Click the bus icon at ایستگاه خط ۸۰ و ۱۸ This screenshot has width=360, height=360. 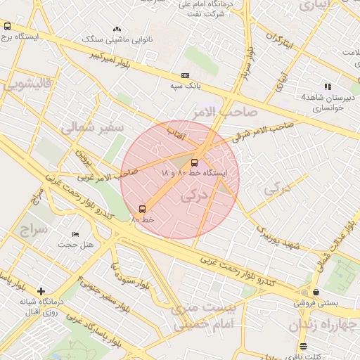point(195,162)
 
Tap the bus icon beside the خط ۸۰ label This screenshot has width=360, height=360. point(143,209)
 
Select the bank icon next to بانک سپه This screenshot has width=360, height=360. point(185,75)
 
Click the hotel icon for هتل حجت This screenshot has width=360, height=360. point(76,234)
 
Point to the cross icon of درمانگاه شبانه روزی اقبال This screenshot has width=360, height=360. point(41,291)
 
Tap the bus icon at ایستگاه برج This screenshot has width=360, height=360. point(7,26)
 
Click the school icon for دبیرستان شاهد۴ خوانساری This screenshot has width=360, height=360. point(328,86)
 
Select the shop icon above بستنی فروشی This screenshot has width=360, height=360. point(316,292)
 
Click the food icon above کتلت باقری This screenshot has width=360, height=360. point(303,346)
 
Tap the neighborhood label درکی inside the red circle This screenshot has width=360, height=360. point(195,197)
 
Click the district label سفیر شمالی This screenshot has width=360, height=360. point(92,127)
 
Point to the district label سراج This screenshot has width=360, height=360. point(32,231)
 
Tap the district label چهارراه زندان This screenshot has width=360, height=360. point(323,326)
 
